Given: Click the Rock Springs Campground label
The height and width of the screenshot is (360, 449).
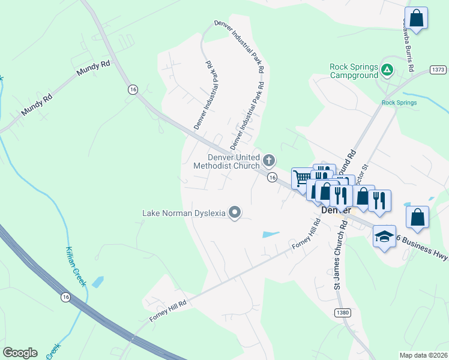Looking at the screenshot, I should [354, 71].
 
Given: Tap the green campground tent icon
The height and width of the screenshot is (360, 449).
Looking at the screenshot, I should [388, 71].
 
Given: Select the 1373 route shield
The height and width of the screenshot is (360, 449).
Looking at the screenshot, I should [438, 70].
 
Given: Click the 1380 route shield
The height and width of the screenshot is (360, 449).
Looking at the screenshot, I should [342, 313].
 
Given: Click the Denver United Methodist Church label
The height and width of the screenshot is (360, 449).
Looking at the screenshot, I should [234, 161].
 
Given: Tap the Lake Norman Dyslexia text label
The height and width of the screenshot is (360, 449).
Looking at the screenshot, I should [184, 212].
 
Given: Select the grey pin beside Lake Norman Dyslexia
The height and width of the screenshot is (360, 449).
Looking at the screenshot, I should [235, 212].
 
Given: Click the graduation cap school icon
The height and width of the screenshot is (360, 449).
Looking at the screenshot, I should [384, 236].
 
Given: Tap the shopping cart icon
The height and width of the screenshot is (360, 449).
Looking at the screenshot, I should [303, 178].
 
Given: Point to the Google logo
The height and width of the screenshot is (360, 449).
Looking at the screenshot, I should [20, 353].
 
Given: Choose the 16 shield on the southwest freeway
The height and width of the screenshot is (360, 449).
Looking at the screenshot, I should [65, 296].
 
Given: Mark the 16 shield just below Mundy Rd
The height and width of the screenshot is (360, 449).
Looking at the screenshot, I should [132, 89].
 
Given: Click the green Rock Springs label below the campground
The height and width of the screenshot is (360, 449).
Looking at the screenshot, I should [399, 103].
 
